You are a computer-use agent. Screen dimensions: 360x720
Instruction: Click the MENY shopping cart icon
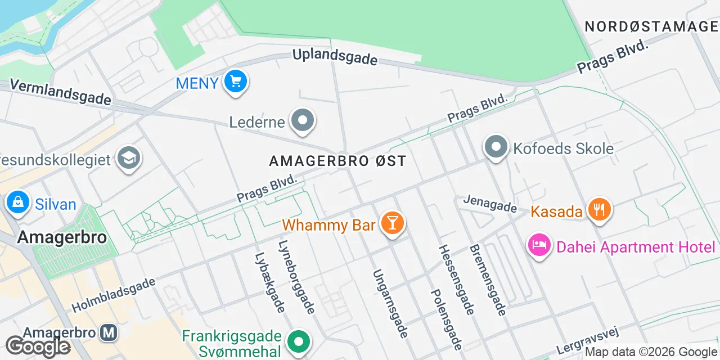click(236, 82)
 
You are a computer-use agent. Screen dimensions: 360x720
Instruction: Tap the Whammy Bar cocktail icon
click(392, 223)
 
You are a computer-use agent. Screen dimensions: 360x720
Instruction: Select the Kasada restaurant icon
click(600, 210)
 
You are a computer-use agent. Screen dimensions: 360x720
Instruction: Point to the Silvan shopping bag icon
click(18, 202)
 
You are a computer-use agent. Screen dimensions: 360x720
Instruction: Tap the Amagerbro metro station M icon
click(109, 332)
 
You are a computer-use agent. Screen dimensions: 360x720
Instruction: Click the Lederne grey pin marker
click(303, 120)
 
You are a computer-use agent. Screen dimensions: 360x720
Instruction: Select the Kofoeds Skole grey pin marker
click(496, 147)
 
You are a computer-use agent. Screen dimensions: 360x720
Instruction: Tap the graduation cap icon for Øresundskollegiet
click(129, 159)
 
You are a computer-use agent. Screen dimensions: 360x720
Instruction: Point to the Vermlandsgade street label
click(60, 92)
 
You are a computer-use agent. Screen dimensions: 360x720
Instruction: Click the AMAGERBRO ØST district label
click(337, 161)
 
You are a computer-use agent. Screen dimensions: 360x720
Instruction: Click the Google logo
click(38, 347)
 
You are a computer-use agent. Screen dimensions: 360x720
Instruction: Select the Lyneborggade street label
click(296, 277)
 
